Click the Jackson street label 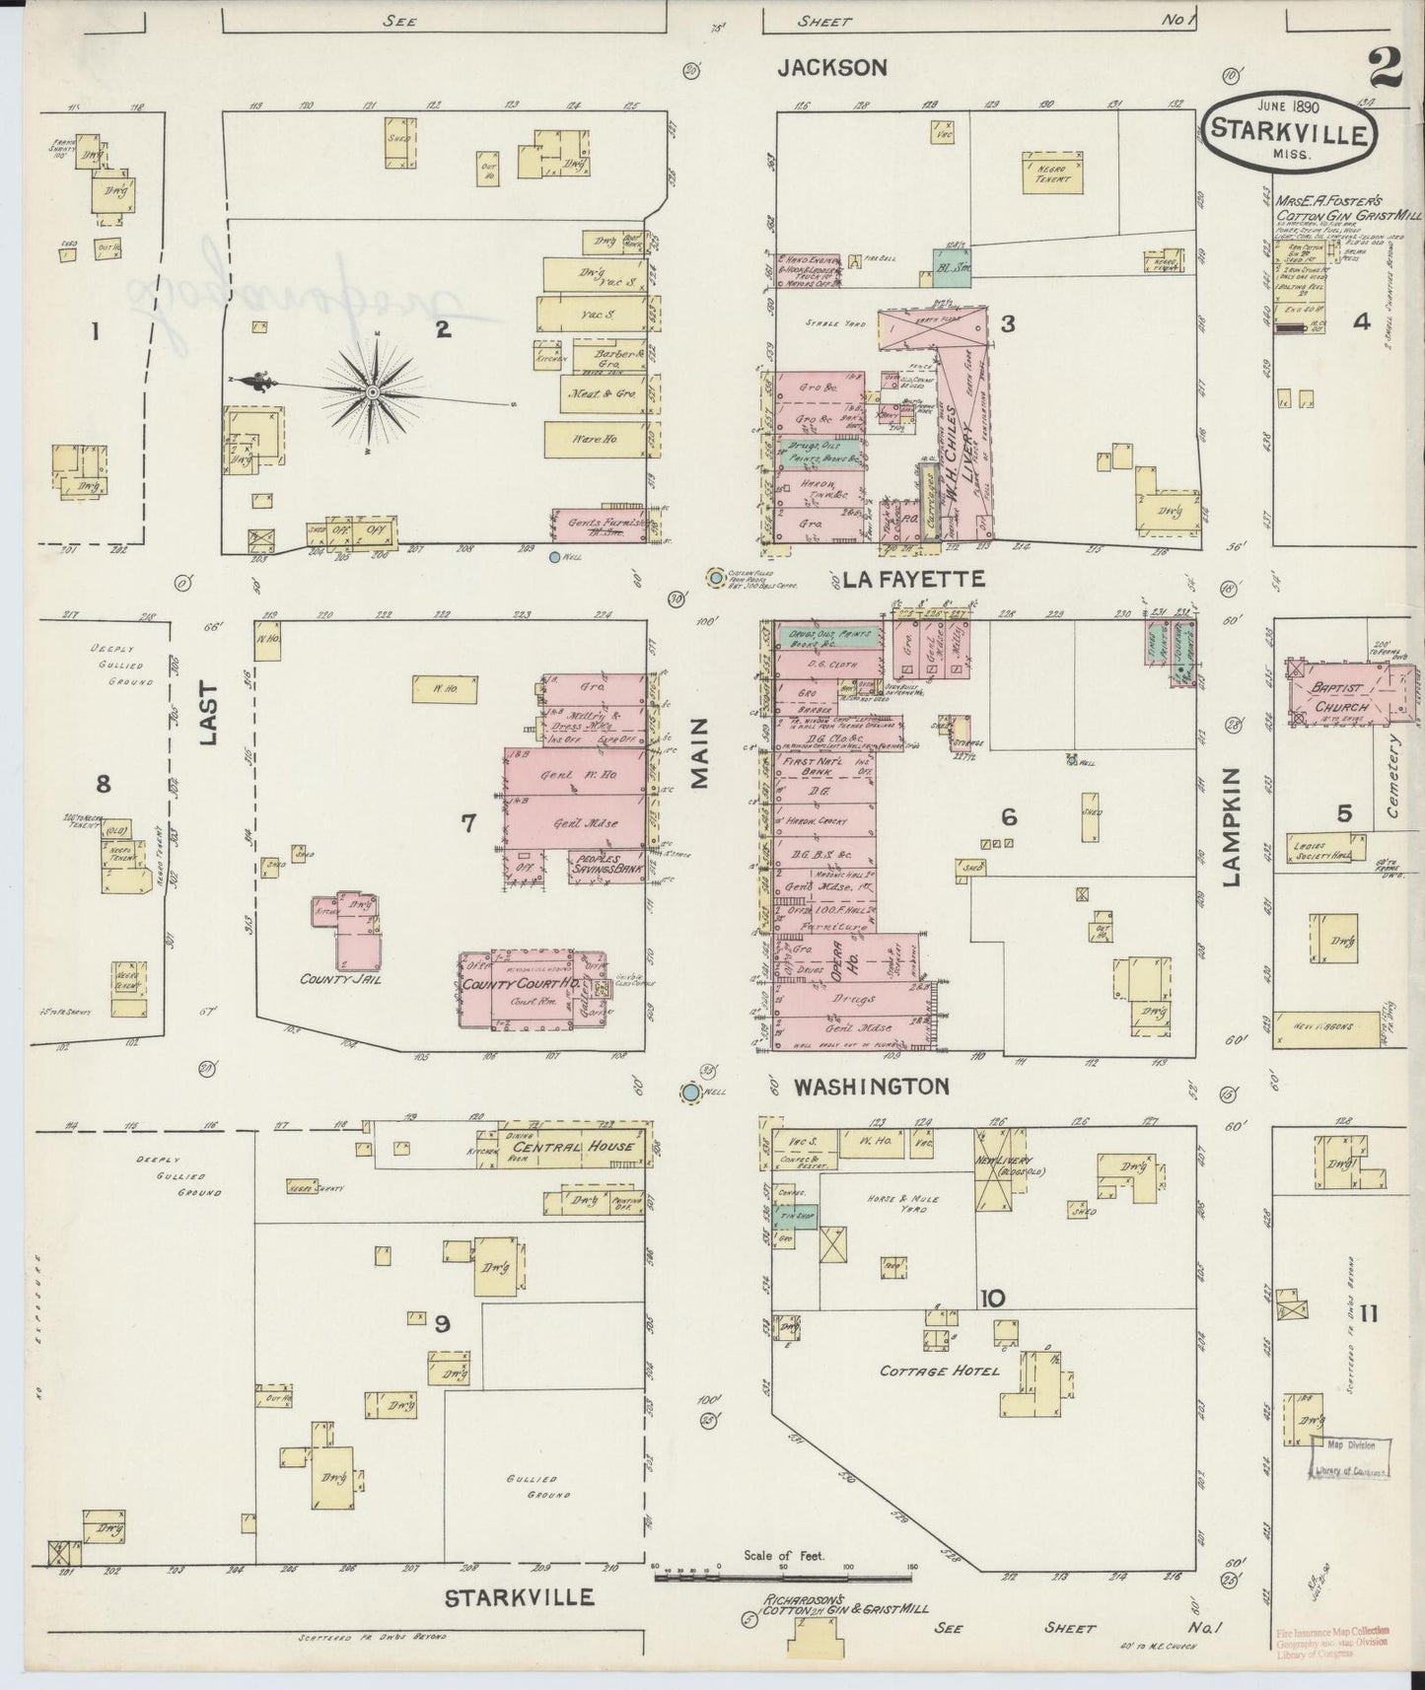[831, 67]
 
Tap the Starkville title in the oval [1290, 132]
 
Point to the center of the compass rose [374, 392]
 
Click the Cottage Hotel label [939, 1372]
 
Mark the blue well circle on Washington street [691, 1092]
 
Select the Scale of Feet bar [783, 1577]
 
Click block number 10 [992, 1299]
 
